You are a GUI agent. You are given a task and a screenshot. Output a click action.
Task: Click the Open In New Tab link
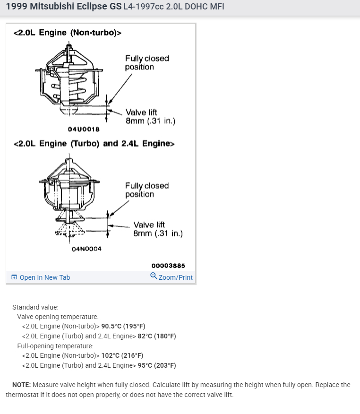pos(44,277)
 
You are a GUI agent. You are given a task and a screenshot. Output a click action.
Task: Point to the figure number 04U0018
pos(84,129)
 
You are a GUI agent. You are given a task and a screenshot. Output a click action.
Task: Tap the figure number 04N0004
pos(86,249)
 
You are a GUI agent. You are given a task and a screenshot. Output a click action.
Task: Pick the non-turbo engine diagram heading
pos(68,33)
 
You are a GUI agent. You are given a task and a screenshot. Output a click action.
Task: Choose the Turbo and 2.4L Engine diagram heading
pos(94,144)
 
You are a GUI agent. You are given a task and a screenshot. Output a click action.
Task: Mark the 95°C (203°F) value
pos(157,365)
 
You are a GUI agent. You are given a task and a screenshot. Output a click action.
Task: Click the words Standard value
pos(35,307)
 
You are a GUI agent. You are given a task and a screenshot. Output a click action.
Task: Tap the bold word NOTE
pos(22,385)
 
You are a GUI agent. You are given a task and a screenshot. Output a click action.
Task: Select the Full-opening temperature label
pos(55,346)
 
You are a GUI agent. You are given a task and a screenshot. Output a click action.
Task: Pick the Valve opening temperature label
pos(58,317)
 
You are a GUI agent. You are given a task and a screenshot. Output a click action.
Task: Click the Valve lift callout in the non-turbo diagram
pos(150,117)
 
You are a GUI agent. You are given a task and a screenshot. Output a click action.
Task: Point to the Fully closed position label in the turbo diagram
pos(146,190)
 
